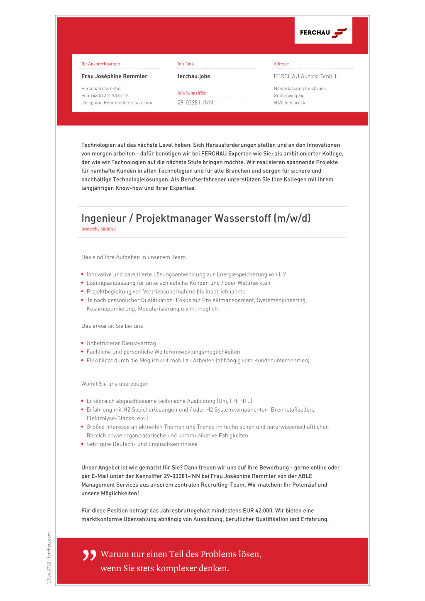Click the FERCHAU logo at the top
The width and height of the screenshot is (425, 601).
(323, 32)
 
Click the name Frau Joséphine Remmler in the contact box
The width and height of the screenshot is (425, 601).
(114, 76)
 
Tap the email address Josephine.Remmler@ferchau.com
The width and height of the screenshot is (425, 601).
(117, 103)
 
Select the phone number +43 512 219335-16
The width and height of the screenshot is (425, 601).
(109, 96)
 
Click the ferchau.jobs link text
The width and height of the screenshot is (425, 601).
(193, 76)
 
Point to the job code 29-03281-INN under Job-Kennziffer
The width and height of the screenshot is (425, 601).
(195, 103)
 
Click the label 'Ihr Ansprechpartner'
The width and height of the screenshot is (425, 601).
(100, 64)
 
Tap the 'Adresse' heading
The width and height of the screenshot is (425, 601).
(281, 64)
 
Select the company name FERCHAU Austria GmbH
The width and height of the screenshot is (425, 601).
(305, 76)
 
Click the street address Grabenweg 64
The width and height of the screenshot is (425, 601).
(288, 96)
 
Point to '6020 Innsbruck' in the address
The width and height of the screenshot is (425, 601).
(289, 103)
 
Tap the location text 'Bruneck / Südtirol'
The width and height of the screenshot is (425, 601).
(98, 229)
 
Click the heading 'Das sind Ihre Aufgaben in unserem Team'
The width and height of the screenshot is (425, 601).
(133, 257)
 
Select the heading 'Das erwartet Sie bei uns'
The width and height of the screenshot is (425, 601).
(112, 326)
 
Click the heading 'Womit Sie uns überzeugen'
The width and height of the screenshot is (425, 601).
(115, 384)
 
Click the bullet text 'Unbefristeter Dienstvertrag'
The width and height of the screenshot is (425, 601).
(121, 343)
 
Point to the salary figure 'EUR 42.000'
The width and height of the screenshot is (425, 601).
(258, 511)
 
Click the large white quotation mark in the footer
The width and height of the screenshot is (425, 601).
(89, 555)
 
